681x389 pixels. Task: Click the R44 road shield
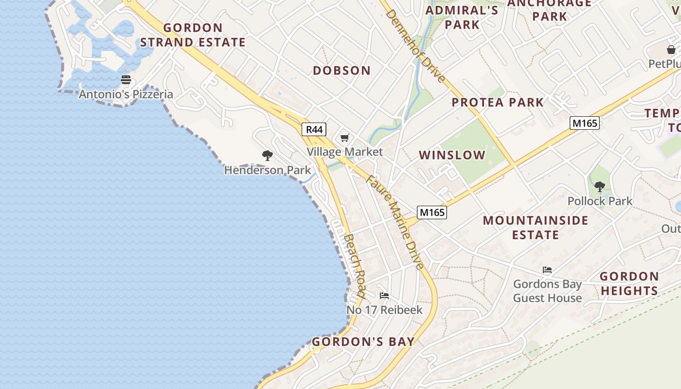314,129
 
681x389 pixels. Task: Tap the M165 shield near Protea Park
584,123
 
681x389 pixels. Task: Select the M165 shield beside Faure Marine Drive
431,212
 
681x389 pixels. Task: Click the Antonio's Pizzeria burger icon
126,80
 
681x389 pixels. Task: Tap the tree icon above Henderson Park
267,156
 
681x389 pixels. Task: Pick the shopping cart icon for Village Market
345,138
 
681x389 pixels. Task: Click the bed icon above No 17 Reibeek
384,295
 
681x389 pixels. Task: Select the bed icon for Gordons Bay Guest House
547,270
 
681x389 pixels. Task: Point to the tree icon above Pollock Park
600,186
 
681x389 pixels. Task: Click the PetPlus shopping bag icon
671,50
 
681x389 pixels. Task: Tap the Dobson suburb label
341,71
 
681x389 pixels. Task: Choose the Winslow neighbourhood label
452,155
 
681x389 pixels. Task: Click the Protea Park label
498,102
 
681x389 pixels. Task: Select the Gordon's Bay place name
363,342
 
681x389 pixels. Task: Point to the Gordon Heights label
629,283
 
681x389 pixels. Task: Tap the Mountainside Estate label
536,228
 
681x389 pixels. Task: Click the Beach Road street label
354,265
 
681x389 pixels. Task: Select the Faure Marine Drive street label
395,222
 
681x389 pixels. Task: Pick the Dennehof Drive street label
415,46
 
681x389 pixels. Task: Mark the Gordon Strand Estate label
193,35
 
